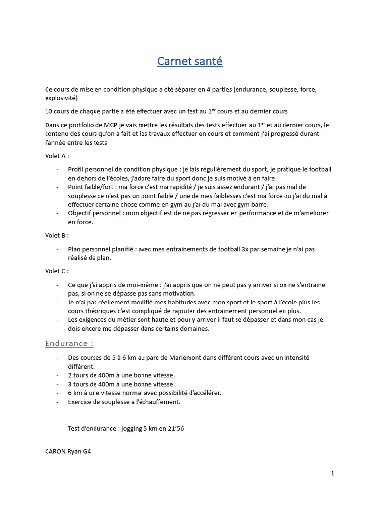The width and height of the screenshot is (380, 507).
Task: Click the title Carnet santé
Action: pyautogui.click(x=190, y=61)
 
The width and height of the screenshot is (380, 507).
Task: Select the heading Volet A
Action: pyautogui.click(x=55, y=156)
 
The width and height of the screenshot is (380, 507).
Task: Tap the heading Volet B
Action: pyautogui.click(x=55, y=235)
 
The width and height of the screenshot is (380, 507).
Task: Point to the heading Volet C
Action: pyautogui.click(x=55, y=271)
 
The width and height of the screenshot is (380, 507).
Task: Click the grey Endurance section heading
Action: pyautogui.click(x=69, y=343)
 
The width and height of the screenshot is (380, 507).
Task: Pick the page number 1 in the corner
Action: pyautogui.click(x=333, y=473)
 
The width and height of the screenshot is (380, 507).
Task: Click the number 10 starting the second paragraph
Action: pyautogui.click(x=48, y=111)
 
